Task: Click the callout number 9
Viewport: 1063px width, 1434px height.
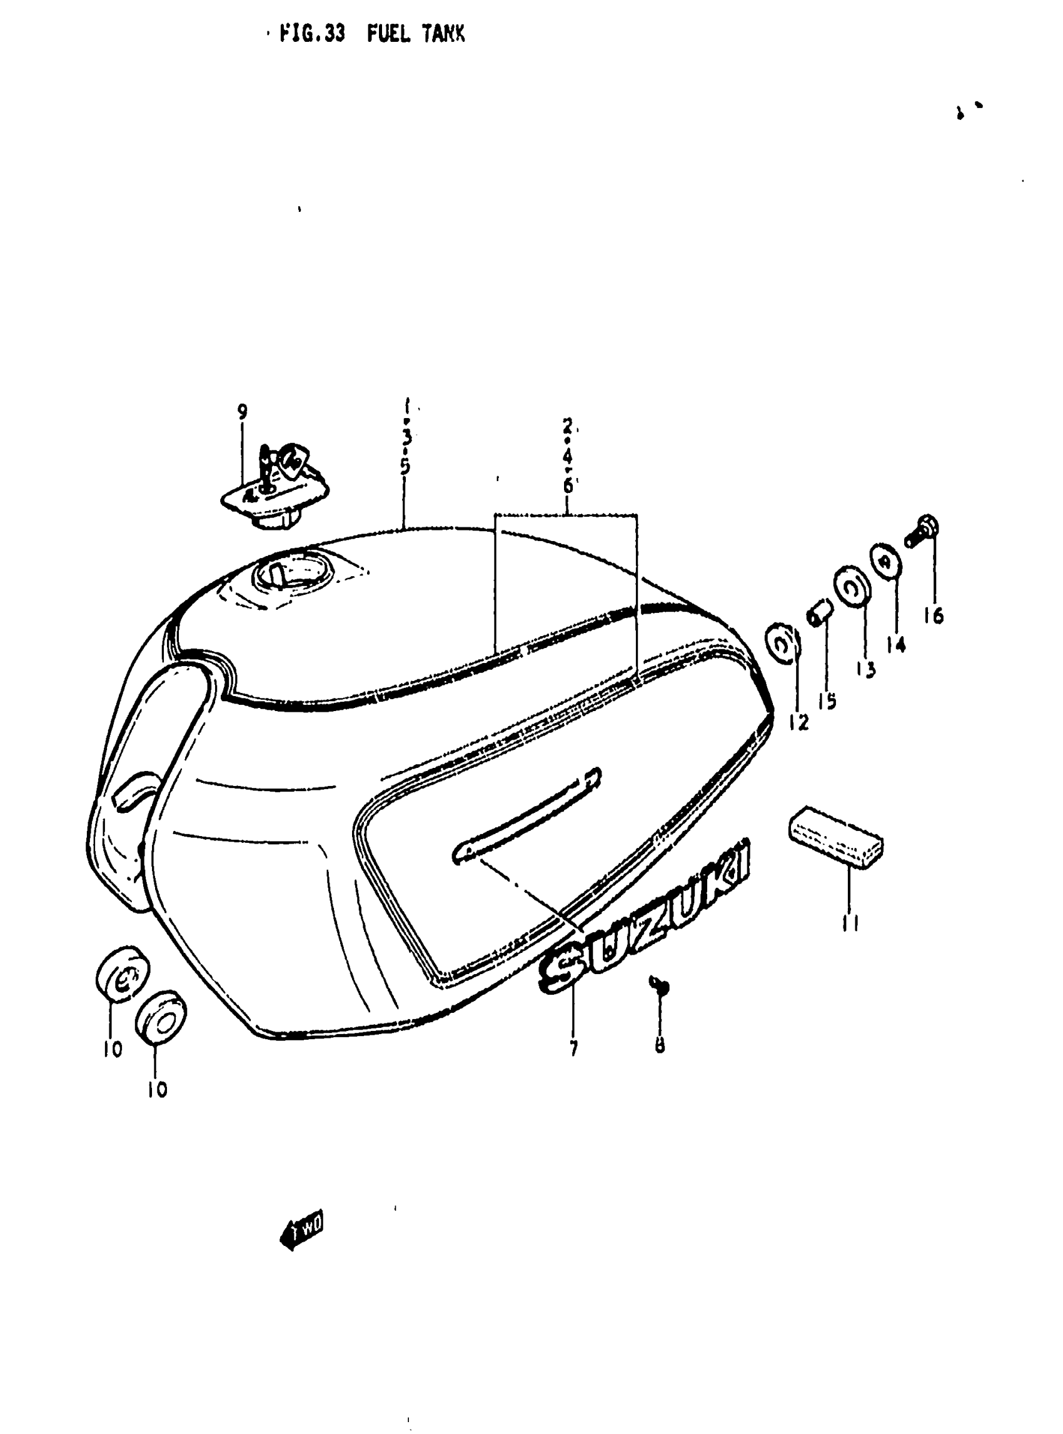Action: click(x=242, y=412)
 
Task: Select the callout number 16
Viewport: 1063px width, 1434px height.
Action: click(x=933, y=616)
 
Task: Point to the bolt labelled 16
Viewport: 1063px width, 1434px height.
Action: click(x=923, y=531)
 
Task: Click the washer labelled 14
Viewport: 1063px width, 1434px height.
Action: click(x=886, y=560)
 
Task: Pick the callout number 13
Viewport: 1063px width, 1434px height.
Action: click(x=866, y=669)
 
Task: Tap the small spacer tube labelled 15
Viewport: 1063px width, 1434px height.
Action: click(x=820, y=614)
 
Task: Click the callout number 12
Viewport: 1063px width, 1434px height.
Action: click(x=798, y=722)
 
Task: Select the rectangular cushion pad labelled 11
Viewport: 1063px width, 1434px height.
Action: click(x=835, y=835)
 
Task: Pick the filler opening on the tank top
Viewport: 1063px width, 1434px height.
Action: click(x=293, y=572)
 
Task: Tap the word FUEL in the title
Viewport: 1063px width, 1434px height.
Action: click(x=388, y=34)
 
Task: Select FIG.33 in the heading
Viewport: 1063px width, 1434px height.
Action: click(x=313, y=34)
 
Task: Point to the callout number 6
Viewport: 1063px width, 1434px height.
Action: click(x=568, y=485)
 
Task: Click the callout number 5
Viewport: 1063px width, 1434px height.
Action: click(x=405, y=466)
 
